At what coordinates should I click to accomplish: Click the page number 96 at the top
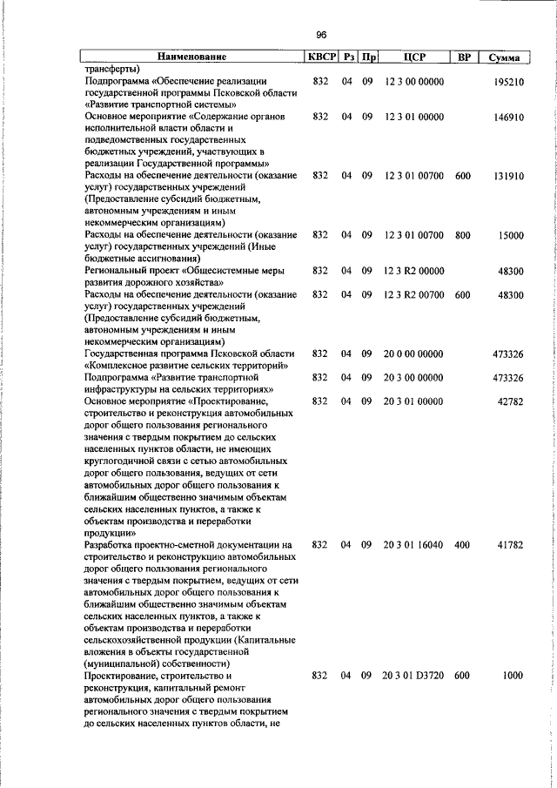(x=321, y=34)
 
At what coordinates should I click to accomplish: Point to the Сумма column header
(x=504, y=57)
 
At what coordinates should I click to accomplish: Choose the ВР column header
(x=464, y=57)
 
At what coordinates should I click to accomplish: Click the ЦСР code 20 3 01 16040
(x=413, y=545)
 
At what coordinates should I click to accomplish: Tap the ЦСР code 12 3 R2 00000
(x=413, y=271)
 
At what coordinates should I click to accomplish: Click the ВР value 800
(x=462, y=235)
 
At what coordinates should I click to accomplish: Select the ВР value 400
(x=462, y=545)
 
